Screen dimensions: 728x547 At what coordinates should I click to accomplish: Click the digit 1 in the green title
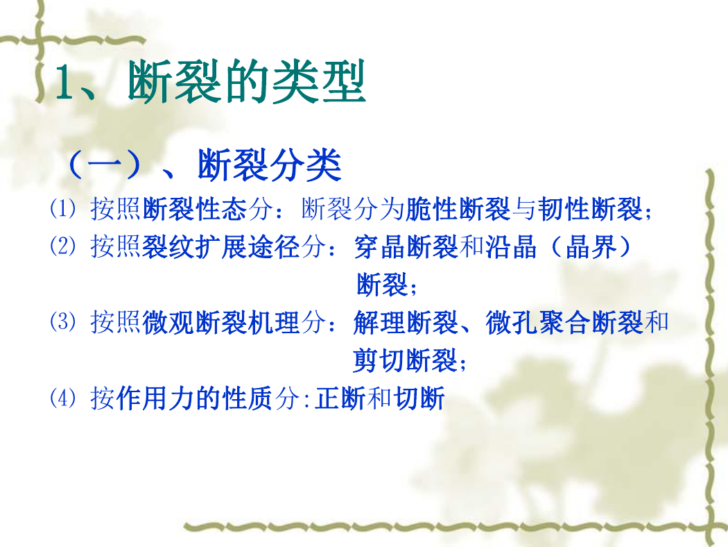click(67, 83)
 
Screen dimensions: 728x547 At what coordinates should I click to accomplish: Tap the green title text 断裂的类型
click(247, 82)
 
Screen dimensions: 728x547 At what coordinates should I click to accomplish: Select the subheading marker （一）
click(105, 165)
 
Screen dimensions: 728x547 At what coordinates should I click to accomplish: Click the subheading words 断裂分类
click(269, 165)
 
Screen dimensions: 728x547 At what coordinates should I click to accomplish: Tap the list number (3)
click(62, 322)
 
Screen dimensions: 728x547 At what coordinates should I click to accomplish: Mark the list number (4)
click(62, 398)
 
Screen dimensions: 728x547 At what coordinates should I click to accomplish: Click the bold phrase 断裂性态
click(195, 208)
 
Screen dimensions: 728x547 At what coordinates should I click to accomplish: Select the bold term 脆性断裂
click(458, 208)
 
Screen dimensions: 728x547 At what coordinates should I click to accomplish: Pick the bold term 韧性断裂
click(590, 208)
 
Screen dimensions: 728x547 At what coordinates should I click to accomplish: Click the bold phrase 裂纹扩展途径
click(221, 246)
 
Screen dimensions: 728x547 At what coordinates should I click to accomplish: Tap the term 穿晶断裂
click(406, 246)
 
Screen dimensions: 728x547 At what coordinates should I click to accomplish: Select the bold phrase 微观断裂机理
click(221, 323)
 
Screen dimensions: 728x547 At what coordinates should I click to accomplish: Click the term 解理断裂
click(406, 323)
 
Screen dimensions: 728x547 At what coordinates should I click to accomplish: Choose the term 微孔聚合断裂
click(564, 323)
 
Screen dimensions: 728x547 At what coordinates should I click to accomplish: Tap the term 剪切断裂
click(406, 361)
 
